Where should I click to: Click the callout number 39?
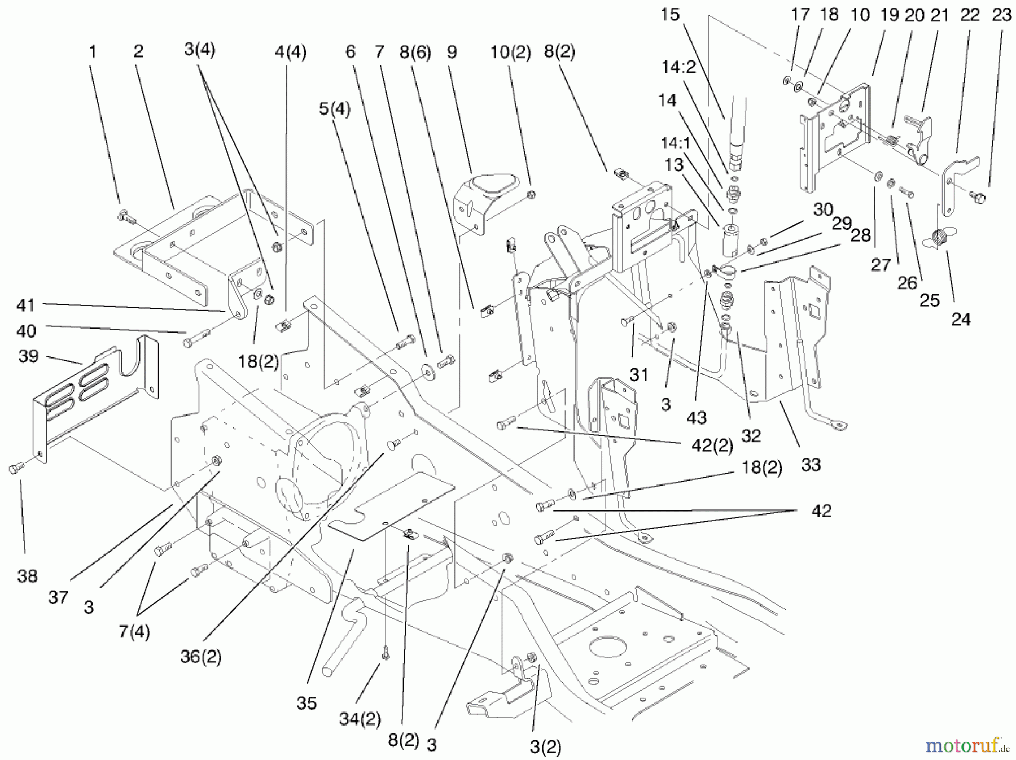(28, 356)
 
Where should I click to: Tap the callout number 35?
(306, 703)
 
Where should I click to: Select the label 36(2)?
(201, 657)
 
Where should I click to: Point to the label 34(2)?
(360, 719)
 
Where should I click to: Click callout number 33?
(811, 465)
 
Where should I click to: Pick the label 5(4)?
(334, 108)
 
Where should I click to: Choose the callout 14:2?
(678, 68)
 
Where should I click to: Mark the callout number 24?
(961, 319)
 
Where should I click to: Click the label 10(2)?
(510, 53)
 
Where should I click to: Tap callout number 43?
(697, 418)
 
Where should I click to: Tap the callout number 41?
(26, 305)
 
